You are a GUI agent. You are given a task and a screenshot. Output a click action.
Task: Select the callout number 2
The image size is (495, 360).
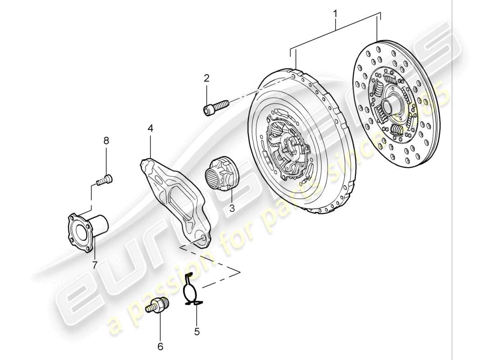[207, 78]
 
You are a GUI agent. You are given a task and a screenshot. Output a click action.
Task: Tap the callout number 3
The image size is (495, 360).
[232, 208]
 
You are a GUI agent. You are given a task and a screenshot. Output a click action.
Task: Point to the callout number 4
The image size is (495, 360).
[150, 129]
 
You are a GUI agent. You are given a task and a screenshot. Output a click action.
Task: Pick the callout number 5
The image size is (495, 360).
[197, 332]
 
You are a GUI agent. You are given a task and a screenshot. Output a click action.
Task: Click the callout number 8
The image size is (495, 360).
[107, 141]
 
